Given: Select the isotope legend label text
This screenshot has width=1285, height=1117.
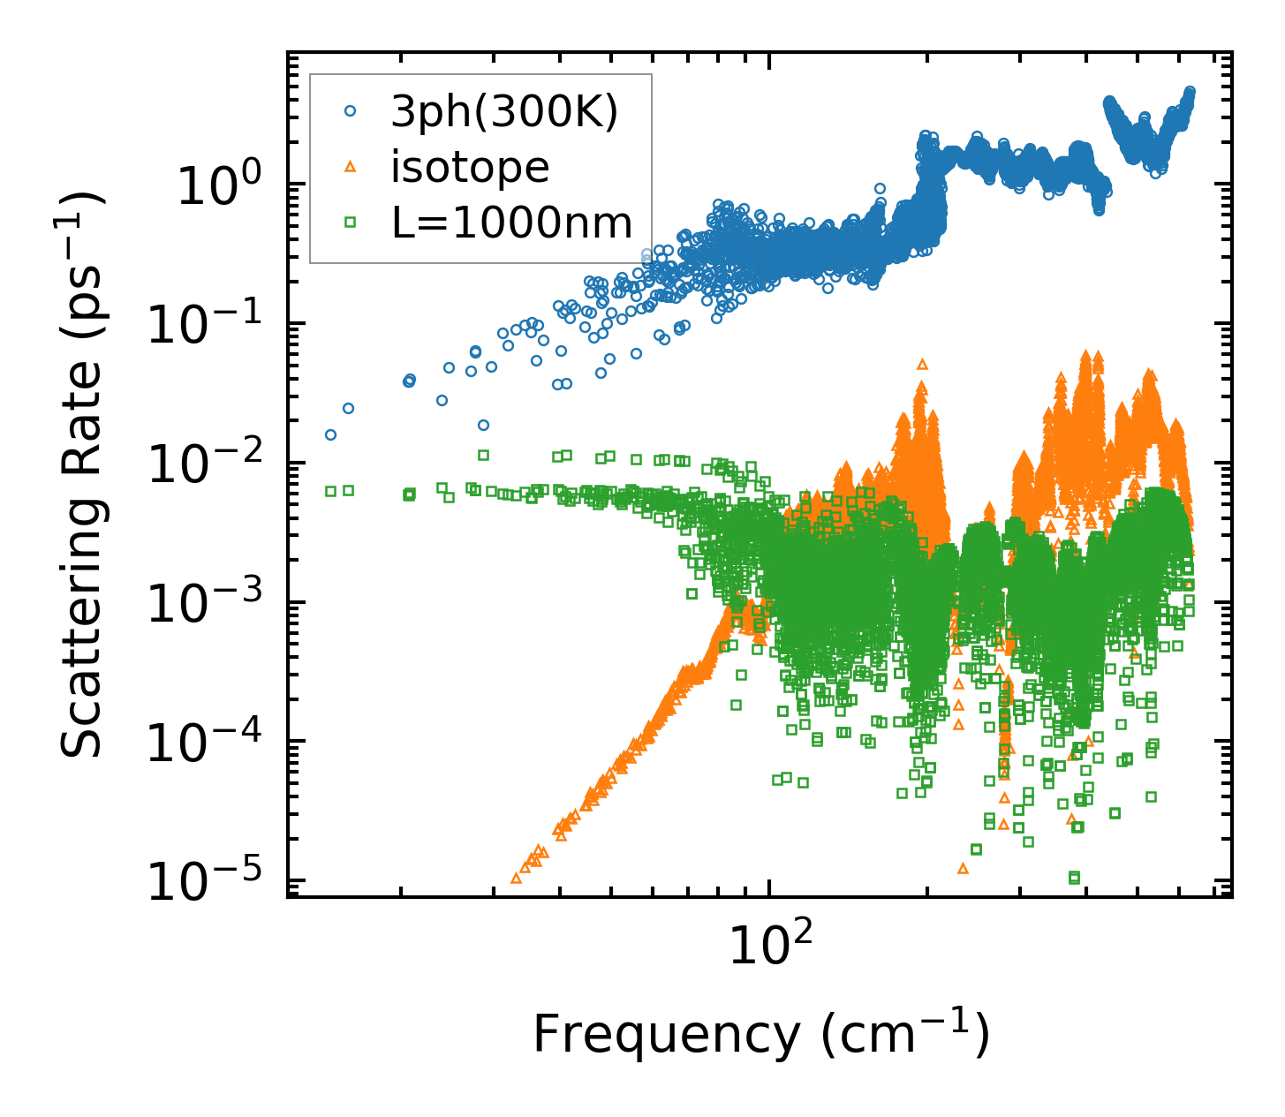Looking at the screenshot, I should point(470,168).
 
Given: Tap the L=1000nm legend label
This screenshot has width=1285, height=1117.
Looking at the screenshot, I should point(512,223).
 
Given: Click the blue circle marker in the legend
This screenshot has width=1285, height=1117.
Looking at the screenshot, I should point(350,111).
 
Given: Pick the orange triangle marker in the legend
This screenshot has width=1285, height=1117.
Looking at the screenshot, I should point(350,167).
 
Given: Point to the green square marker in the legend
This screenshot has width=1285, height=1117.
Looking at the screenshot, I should point(350,223).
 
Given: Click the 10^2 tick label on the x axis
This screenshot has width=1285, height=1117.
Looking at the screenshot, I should point(769,948).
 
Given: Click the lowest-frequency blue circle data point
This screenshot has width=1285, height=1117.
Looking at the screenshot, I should point(330,434).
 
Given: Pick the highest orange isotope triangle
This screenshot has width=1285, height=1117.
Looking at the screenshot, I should point(922,364).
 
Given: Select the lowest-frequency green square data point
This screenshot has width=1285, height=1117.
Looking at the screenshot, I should point(330,491).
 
